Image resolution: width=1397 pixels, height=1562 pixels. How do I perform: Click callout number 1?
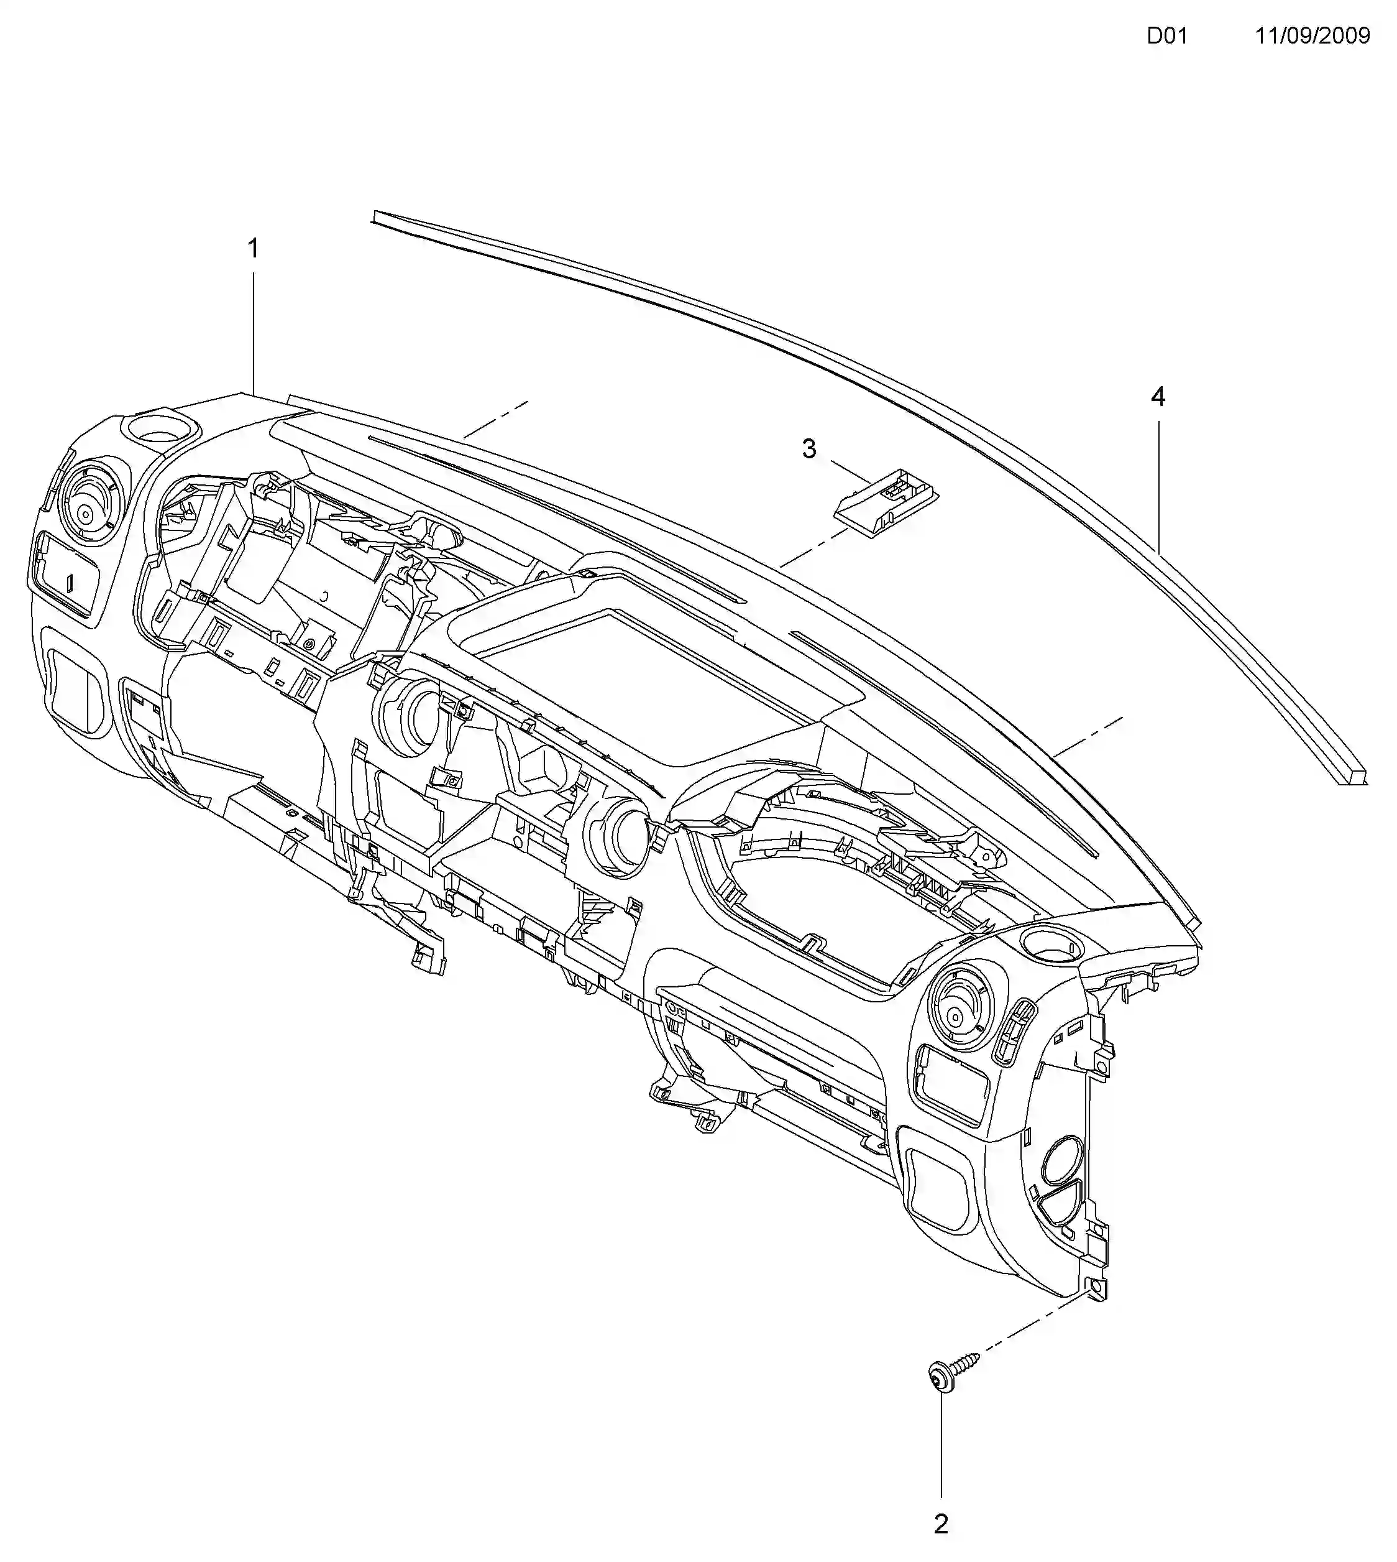252,249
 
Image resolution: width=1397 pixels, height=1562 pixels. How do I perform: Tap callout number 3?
808,449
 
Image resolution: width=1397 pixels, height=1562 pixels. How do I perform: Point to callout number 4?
1158,397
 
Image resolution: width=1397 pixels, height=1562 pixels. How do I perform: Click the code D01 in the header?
1166,36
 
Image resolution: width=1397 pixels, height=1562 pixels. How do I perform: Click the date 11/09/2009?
1312,36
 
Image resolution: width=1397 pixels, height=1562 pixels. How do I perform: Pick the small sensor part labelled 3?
885,499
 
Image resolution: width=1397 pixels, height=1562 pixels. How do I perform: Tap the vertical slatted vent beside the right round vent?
1015,1030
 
